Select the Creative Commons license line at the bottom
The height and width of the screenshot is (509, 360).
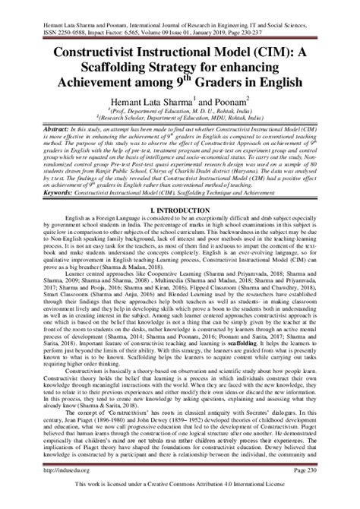180,502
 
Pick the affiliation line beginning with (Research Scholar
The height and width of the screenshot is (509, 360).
180,118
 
